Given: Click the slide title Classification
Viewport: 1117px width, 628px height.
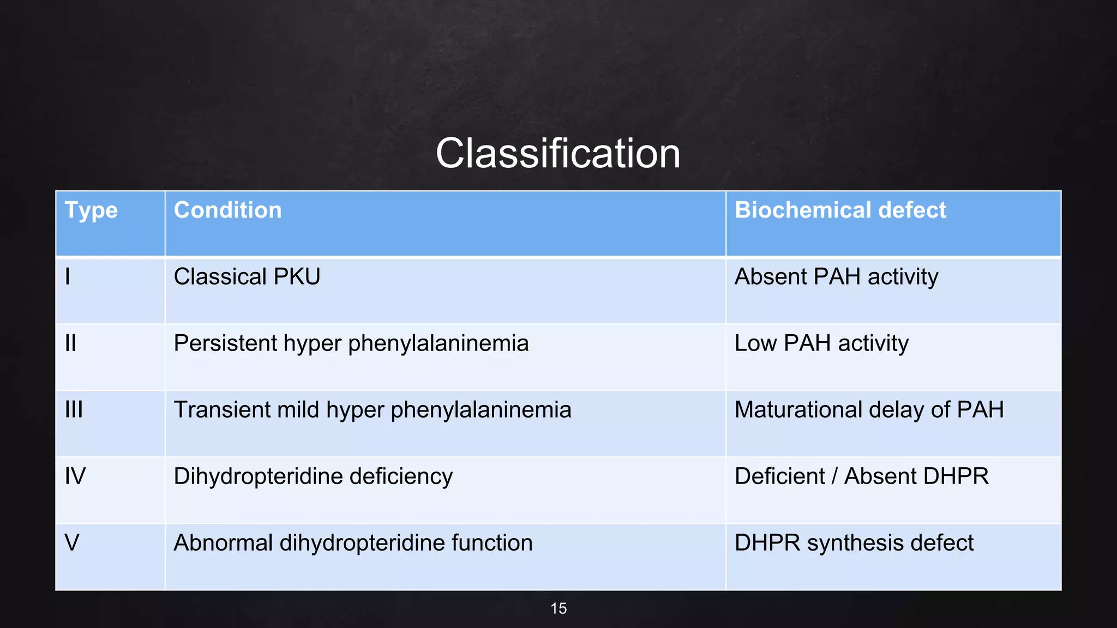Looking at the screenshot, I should click(x=557, y=154).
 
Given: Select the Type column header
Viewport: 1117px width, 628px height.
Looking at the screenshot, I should click(x=91, y=211).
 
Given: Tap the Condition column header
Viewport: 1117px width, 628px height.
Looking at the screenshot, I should click(x=227, y=211).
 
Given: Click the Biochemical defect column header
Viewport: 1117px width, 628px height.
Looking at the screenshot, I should click(x=840, y=211).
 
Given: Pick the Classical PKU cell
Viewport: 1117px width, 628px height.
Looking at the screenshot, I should click(x=247, y=277).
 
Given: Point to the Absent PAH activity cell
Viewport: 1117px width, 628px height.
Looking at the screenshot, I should click(x=836, y=277).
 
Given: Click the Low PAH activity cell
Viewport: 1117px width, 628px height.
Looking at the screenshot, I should click(x=821, y=343).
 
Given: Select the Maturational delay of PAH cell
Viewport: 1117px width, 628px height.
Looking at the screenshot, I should click(x=869, y=410).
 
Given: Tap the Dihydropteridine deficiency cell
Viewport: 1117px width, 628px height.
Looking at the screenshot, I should click(x=313, y=476).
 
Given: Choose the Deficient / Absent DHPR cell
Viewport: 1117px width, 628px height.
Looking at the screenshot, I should click(x=861, y=476).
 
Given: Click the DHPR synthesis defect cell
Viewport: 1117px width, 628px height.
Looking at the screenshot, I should click(x=854, y=543).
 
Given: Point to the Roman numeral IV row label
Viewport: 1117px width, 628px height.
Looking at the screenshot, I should click(x=75, y=476).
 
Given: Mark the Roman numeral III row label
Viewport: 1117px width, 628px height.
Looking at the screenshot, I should click(x=74, y=410).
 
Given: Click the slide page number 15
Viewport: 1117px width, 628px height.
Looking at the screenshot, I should click(x=558, y=608).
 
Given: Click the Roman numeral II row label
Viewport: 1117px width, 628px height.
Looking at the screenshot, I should click(x=70, y=343).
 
